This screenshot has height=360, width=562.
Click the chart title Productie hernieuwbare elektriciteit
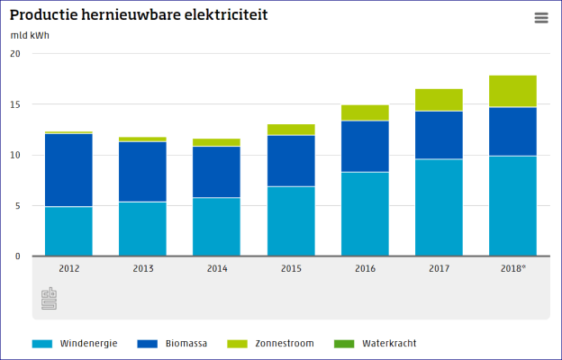click(x=139, y=16)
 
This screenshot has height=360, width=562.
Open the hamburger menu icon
click(x=540, y=18)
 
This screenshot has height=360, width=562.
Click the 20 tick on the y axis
click(x=14, y=53)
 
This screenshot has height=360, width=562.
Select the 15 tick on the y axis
click(x=14, y=104)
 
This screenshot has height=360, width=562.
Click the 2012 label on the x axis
click(x=68, y=268)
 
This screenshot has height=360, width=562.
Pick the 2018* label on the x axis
click(x=512, y=268)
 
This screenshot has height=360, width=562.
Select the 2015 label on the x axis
click(x=291, y=268)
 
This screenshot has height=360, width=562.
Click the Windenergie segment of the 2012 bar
click(x=68, y=231)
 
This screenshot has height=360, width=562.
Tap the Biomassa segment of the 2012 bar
click(x=68, y=170)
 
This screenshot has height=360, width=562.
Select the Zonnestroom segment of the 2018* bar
click(x=512, y=92)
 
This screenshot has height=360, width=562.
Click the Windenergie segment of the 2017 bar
click(x=439, y=207)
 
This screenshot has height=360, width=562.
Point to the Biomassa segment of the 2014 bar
click(x=217, y=171)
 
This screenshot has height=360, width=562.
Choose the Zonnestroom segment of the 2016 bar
click(x=365, y=112)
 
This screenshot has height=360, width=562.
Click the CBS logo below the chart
click(x=49, y=299)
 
